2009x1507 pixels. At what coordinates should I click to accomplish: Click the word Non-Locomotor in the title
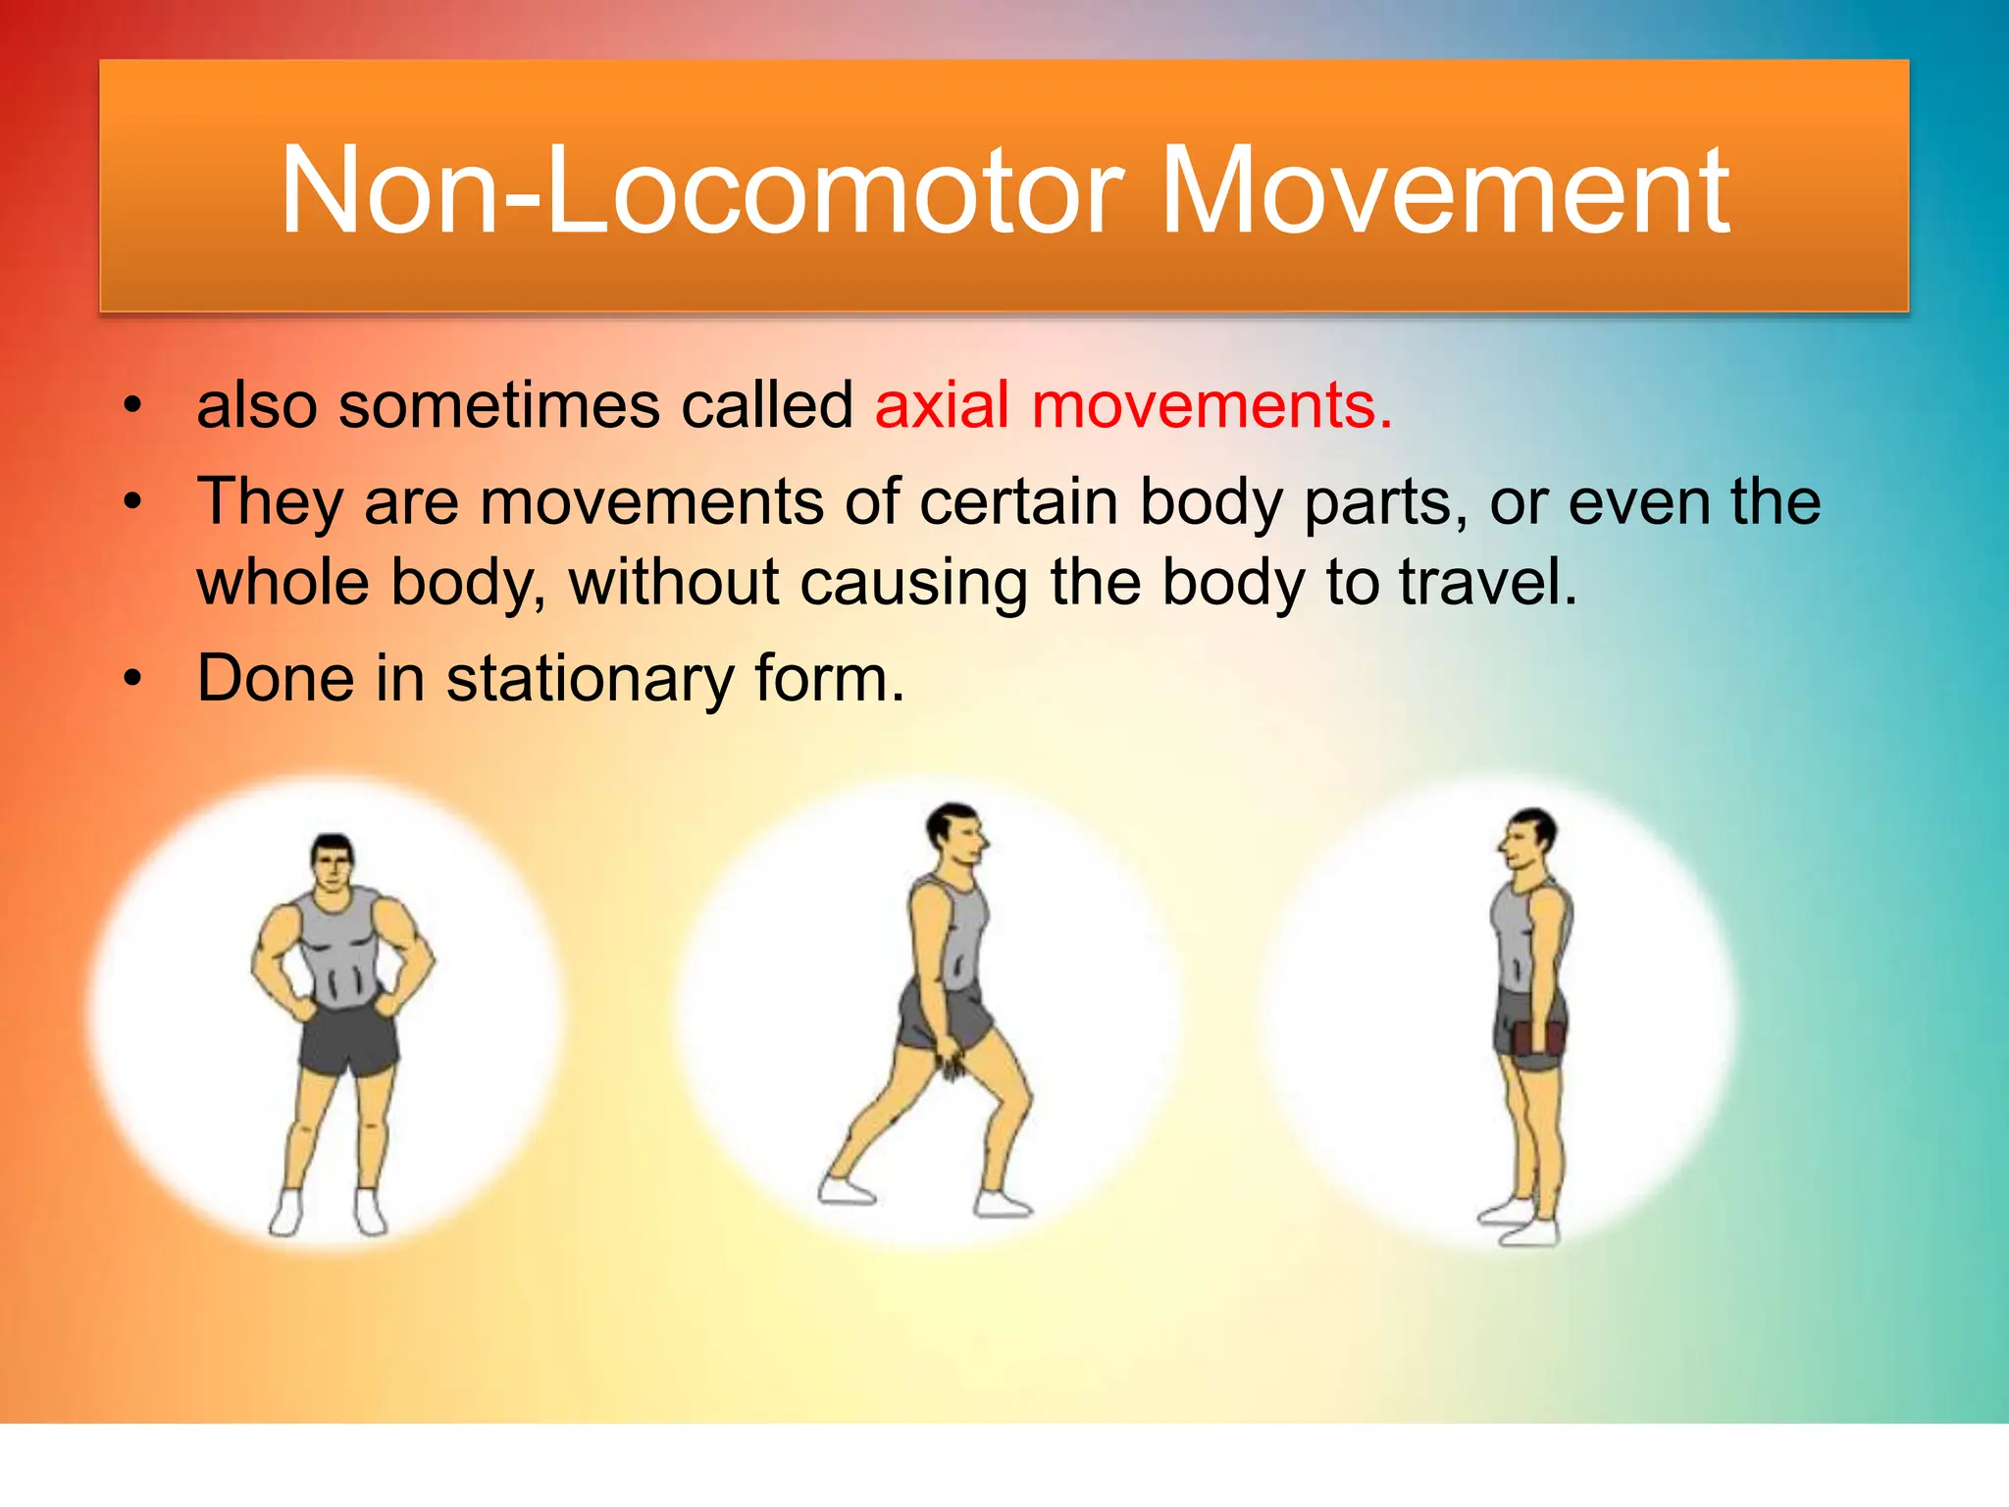pos(702,191)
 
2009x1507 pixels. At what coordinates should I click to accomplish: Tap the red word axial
pos(942,405)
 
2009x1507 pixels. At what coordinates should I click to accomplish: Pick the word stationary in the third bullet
pos(589,679)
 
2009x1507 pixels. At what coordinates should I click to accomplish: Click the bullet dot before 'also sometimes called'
pos(133,406)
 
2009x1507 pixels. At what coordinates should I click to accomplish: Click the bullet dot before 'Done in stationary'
pos(133,679)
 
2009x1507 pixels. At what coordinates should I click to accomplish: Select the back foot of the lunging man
pos(846,1191)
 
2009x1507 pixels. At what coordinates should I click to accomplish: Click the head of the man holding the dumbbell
pos(1528,839)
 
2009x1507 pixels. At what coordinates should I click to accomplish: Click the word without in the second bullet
pos(675,582)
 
